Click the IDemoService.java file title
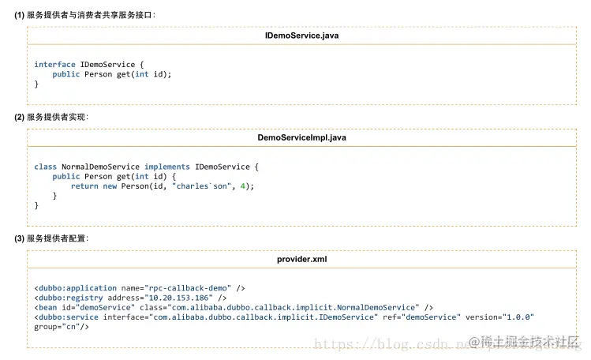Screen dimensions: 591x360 pyautogui.click(x=301, y=36)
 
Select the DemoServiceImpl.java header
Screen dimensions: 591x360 pyautogui.click(x=301, y=137)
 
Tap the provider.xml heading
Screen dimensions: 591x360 pyautogui.click(x=301, y=259)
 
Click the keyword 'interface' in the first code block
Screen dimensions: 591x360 pyautogui.click(x=54, y=65)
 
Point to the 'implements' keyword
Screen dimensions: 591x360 pyautogui.click(x=167, y=167)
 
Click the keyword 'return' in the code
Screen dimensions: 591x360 pyautogui.click(x=84, y=186)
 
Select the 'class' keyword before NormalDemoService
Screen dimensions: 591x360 pyautogui.click(x=45, y=167)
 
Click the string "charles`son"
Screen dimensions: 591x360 pyautogui.click(x=201, y=186)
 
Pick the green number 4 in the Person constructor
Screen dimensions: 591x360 pyautogui.click(x=243, y=186)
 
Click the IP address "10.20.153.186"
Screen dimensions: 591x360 pyautogui.click(x=178, y=298)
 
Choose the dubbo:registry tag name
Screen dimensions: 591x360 pyautogui.click(x=71, y=298)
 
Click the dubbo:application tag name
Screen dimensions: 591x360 pyautogui.click(x=77, y=288)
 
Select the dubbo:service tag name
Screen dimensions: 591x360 pyautogui.click(x=69, y=317)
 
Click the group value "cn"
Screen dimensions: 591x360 pyautogui.click(x=71, y=327)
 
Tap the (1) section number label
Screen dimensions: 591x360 pyautogui.click(x=19, y=15)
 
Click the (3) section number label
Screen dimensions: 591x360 pyautogui.click(x=19, y=238)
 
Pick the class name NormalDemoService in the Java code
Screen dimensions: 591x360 pyautogui.click(x=101, y=167)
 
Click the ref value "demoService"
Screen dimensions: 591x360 pyautogui.click(x=431, y=317)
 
